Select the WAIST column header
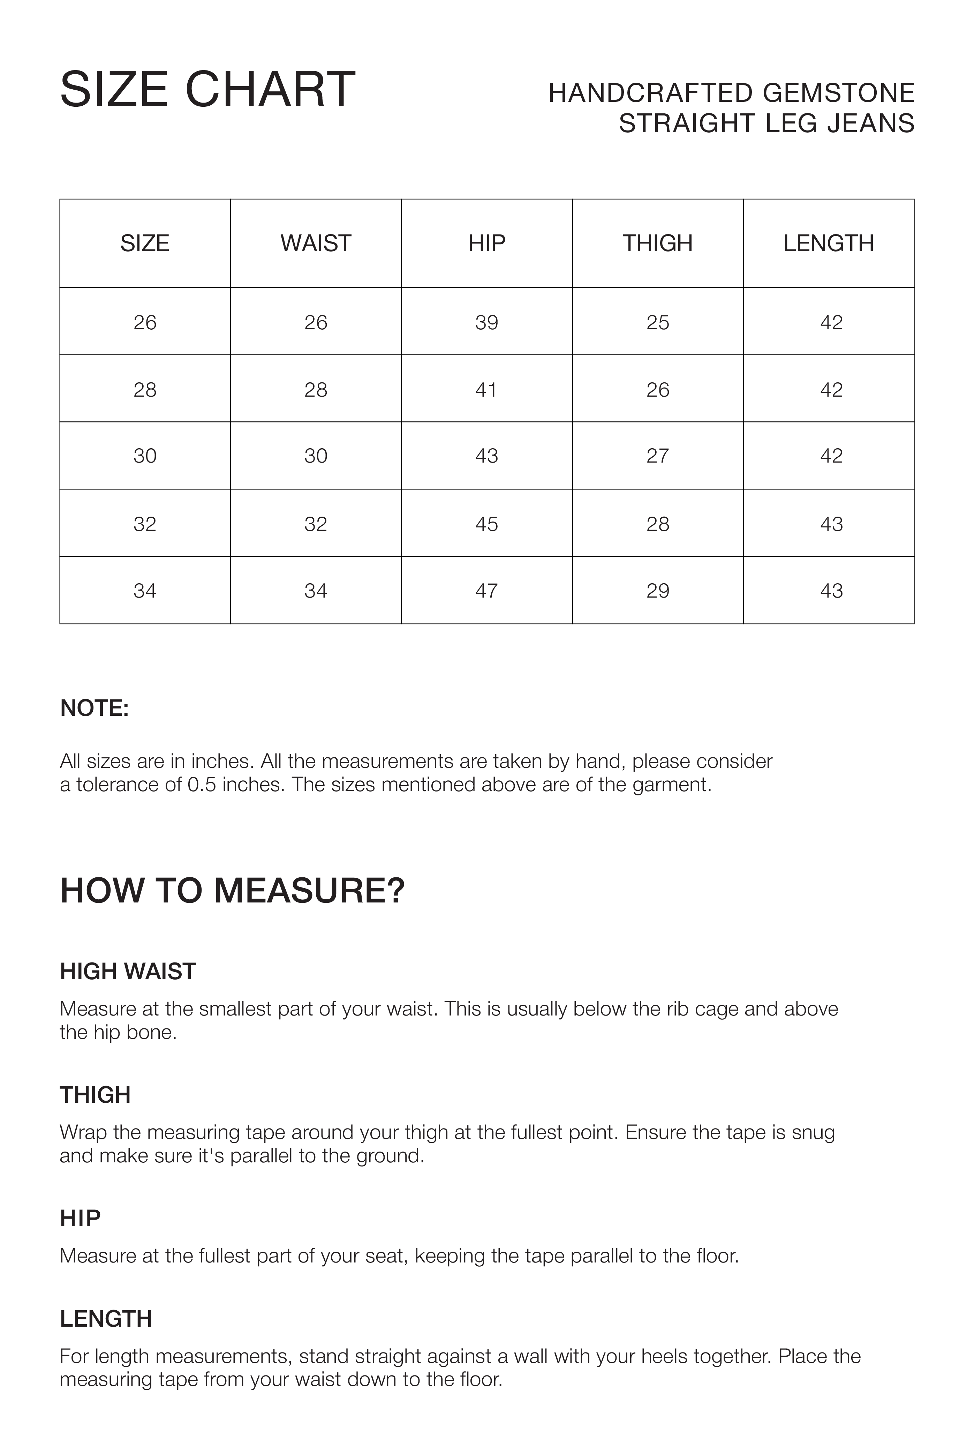tap(316, 243)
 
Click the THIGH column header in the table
tap(657, 243)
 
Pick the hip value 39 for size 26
tap(486, 322)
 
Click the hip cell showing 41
tap(486, 390)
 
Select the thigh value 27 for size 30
tap(657, 456)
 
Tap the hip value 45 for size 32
tap(486, 524)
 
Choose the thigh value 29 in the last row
tap(657, 590)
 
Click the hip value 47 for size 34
tap(486, 590)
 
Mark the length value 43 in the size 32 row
tap(831, 524)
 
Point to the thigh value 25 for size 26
tap(657, 322)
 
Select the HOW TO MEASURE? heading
tap(232, 890)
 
